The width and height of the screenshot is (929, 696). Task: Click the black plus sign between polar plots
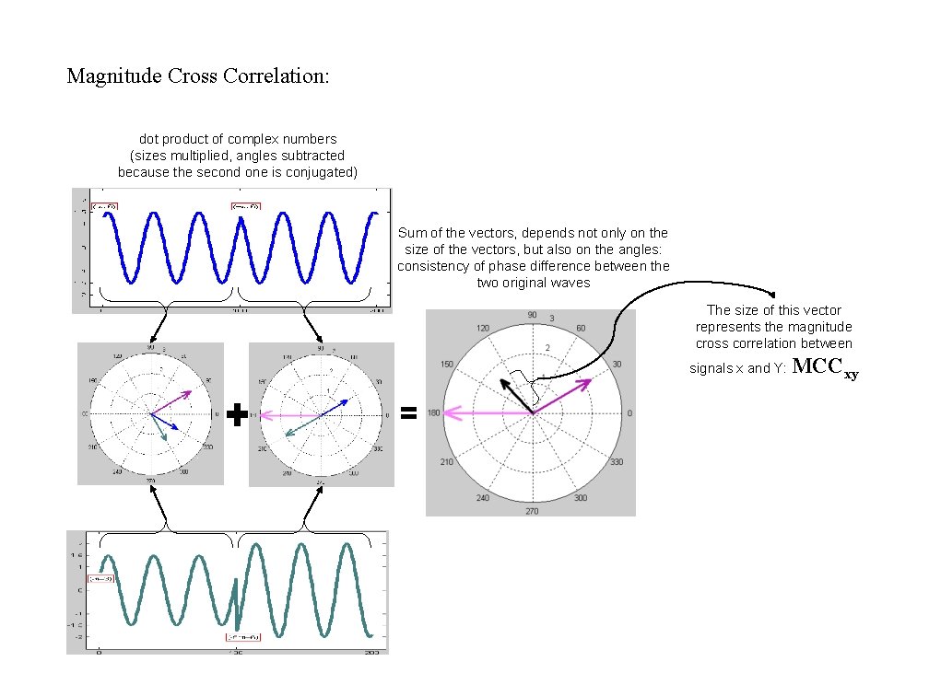click(237, 415)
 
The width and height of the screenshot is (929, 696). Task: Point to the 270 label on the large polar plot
click(532, 510)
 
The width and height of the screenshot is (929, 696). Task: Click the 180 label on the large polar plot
click(434, 413)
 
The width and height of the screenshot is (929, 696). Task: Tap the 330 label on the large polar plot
click(617, 461)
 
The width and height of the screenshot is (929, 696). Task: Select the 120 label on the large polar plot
click(483, 329)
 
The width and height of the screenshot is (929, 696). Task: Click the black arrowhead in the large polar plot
click(502, 381)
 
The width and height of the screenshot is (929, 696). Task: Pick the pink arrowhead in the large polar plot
click(449, 413)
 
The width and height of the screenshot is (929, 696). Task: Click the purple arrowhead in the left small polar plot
click(188, 393)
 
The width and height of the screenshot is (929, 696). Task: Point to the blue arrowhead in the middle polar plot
click(344, 401)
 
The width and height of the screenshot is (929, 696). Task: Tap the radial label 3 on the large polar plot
click(551, 319)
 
